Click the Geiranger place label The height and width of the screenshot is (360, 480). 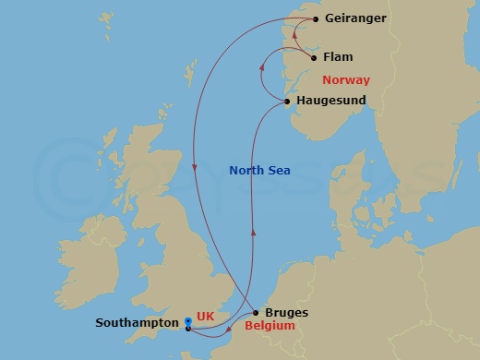point(356,18)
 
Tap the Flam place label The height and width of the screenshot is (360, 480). point(338,57)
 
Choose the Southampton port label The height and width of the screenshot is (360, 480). point(136,324)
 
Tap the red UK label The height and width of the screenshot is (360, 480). point(206,316)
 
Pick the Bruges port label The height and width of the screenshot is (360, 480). point(286,313)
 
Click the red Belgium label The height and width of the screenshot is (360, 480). point(270,326)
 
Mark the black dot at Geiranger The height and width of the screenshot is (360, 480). point(316,18)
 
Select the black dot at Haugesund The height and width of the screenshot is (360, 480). point(288,101)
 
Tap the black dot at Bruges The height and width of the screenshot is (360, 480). point(256,313)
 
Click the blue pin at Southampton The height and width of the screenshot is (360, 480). point(187,322)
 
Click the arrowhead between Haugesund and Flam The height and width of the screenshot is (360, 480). point(262,66)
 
